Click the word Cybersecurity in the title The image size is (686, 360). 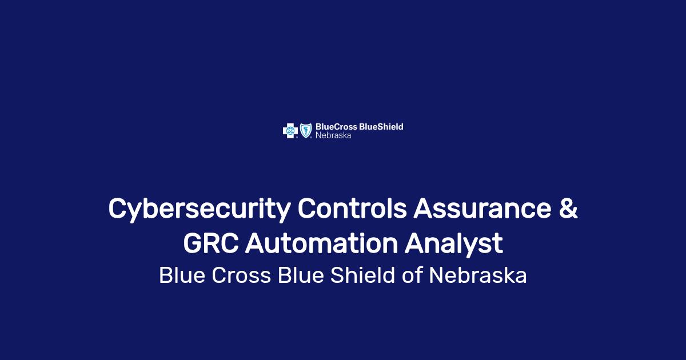pyautogui.click(x=200, y=210)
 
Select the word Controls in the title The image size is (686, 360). pyautogui.click(x=352, y=208)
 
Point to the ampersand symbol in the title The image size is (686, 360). pyautogui.click(x=568, y=208)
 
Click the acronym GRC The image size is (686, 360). pyautogui.click(x=211, y=243)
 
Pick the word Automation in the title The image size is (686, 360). pyautogui.click(x=321, y=243)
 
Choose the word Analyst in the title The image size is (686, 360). pyautogui.click(x=454, y=245)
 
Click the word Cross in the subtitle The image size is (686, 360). pyautogui.click(x=241, y=275)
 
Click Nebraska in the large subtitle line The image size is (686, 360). pyautogui.click(x=478, y=275)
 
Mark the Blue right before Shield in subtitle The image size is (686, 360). pyautogui.click(x=301, y=275)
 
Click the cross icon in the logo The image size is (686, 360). pyautogui.click(x=290, y=131)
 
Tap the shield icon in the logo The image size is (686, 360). pyautogui.click(x=306, y=131)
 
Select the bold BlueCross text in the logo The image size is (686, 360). pyautogui.click(x=336, y=127)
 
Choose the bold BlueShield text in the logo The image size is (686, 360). pyautogui.click(x=381, y=127)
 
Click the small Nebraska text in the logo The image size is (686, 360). pyautogui.click(x=333, y=135)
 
